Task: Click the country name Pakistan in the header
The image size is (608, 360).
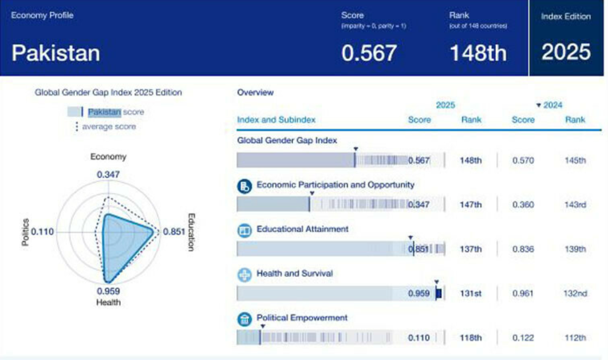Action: click(x=56, y=53)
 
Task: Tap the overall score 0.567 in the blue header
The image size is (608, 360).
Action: click(x=369, y=53)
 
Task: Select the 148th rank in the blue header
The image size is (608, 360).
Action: click(x=477, y=53)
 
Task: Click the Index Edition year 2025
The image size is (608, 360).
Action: click(x=566, y=52)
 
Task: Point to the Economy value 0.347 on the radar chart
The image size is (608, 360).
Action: click(x=108, y=175)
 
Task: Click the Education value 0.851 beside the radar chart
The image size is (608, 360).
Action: click(x=174, y=232)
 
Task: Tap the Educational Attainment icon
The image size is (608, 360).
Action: click(x=244, y=230)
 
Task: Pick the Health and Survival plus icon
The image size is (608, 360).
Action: click(x=244, y=275)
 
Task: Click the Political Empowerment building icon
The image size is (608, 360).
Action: click(x=244, y=319)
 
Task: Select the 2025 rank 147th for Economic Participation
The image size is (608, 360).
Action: click(x=471, y=205)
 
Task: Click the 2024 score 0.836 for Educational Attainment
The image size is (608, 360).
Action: click(x=522, y=249)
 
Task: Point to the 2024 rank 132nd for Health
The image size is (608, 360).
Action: click(x=575, y=294)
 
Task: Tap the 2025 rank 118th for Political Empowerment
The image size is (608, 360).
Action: click(x=471, y=338)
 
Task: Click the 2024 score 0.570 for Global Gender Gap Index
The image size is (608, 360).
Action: click(x=522, y=160)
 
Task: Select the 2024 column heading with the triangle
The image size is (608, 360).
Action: click(x=549, y=105)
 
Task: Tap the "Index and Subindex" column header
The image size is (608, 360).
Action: click(x=276, y=120)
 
